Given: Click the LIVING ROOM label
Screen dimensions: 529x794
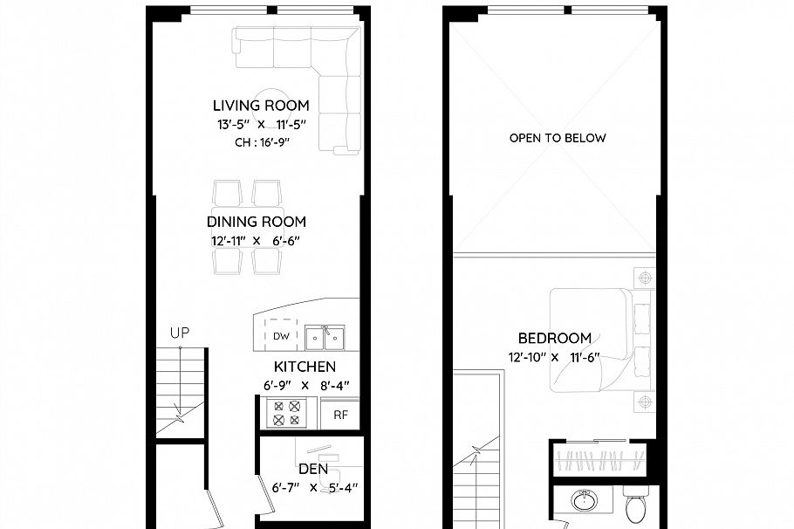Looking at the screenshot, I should (x=263, y=106).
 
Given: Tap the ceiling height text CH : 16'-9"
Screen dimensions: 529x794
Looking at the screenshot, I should (x=263, y=143).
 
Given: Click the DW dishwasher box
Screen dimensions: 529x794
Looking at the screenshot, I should (x=281, y=336).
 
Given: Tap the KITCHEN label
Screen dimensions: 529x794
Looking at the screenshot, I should (x=305, y=367).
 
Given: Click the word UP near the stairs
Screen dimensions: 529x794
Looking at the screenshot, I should (x=180, y=333).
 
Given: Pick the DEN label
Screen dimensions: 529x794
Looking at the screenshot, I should (x=312, y=469).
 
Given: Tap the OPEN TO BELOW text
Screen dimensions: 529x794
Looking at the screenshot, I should (x=558, y=138).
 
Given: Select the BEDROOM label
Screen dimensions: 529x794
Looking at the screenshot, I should (x=554, y=338).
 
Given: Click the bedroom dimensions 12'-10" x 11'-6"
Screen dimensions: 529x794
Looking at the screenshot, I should (x=556, y=357).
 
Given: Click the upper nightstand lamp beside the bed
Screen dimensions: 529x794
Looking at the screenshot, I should (x=645, y=278).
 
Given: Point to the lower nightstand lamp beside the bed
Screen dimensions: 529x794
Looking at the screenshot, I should (x=645, y=402).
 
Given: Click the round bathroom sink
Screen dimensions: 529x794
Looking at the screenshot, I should (x=584, y=503).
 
